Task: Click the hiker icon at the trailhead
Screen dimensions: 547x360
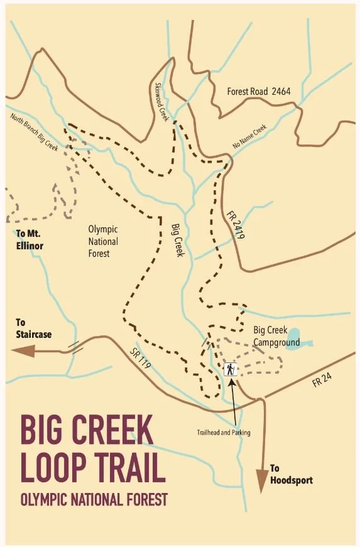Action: click(x=231, y=369)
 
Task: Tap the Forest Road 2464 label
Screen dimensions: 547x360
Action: click(x=259, y=92)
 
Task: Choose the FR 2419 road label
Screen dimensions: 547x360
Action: click(x=235, y=227)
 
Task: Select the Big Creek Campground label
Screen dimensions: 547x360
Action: click(x=276, y=336)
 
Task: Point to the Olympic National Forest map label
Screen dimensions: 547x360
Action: click(x=103, y=241)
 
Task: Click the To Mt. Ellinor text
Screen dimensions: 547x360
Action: click(x=29, y=240)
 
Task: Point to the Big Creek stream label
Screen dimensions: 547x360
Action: click(x=178, y=237)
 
